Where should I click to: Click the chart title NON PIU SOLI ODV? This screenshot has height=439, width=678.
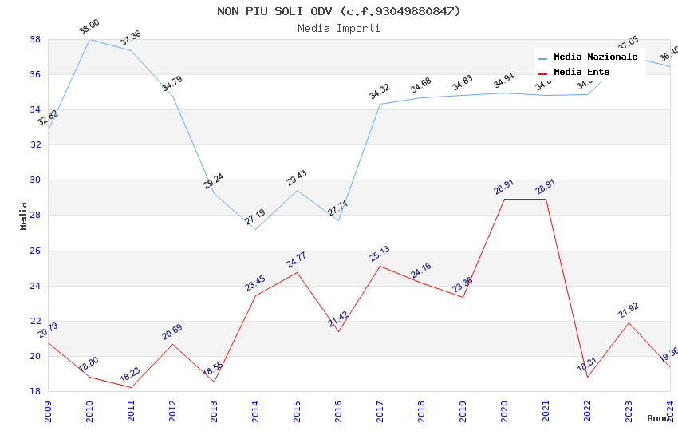(x=339, y=11)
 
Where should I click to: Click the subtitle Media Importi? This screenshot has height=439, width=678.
(x=339, y=28)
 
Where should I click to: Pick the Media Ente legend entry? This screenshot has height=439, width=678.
(x=581, y=72)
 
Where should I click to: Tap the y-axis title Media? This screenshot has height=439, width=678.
(x=24, y=216)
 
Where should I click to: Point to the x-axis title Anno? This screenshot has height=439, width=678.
(x=658, y=418)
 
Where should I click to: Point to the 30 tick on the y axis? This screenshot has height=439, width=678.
(x=36, y=180)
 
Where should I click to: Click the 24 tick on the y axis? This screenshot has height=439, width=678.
(x=36, y=286)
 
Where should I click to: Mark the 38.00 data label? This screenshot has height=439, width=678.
(x=89, y=28)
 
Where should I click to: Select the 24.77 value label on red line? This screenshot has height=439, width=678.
(x=296, y=260)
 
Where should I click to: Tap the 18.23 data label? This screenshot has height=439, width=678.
(x=130, y=375)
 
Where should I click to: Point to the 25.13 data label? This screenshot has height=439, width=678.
(x=379, y=254)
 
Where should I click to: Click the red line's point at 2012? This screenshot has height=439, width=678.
(x=172, y=344)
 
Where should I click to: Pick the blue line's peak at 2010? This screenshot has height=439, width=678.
(x=89, y=39)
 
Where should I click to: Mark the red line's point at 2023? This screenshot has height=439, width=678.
(x=629, y=322)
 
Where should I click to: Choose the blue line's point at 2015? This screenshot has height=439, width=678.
(x=297, y=190)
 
